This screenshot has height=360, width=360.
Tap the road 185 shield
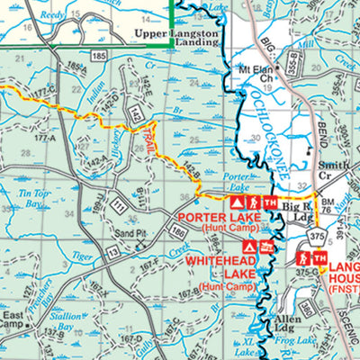[98, 56]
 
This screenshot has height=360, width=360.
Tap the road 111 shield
[120, 209]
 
